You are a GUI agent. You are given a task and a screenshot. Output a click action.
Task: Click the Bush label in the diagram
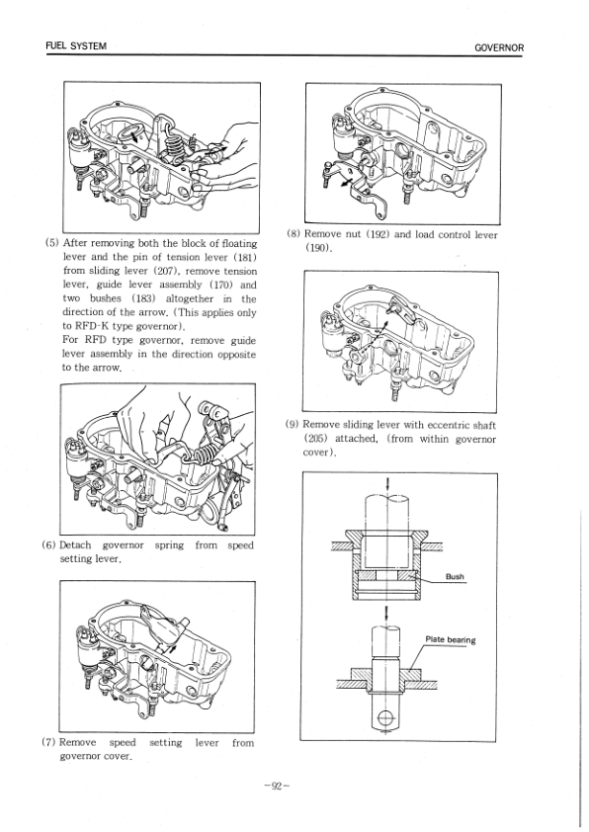455,577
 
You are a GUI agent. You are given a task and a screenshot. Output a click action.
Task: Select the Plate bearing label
450,639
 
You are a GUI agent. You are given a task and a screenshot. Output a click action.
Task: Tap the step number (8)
294,234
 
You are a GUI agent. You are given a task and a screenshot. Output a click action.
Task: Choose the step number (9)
294,425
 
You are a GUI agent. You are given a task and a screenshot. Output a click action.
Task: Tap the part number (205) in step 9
322,439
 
